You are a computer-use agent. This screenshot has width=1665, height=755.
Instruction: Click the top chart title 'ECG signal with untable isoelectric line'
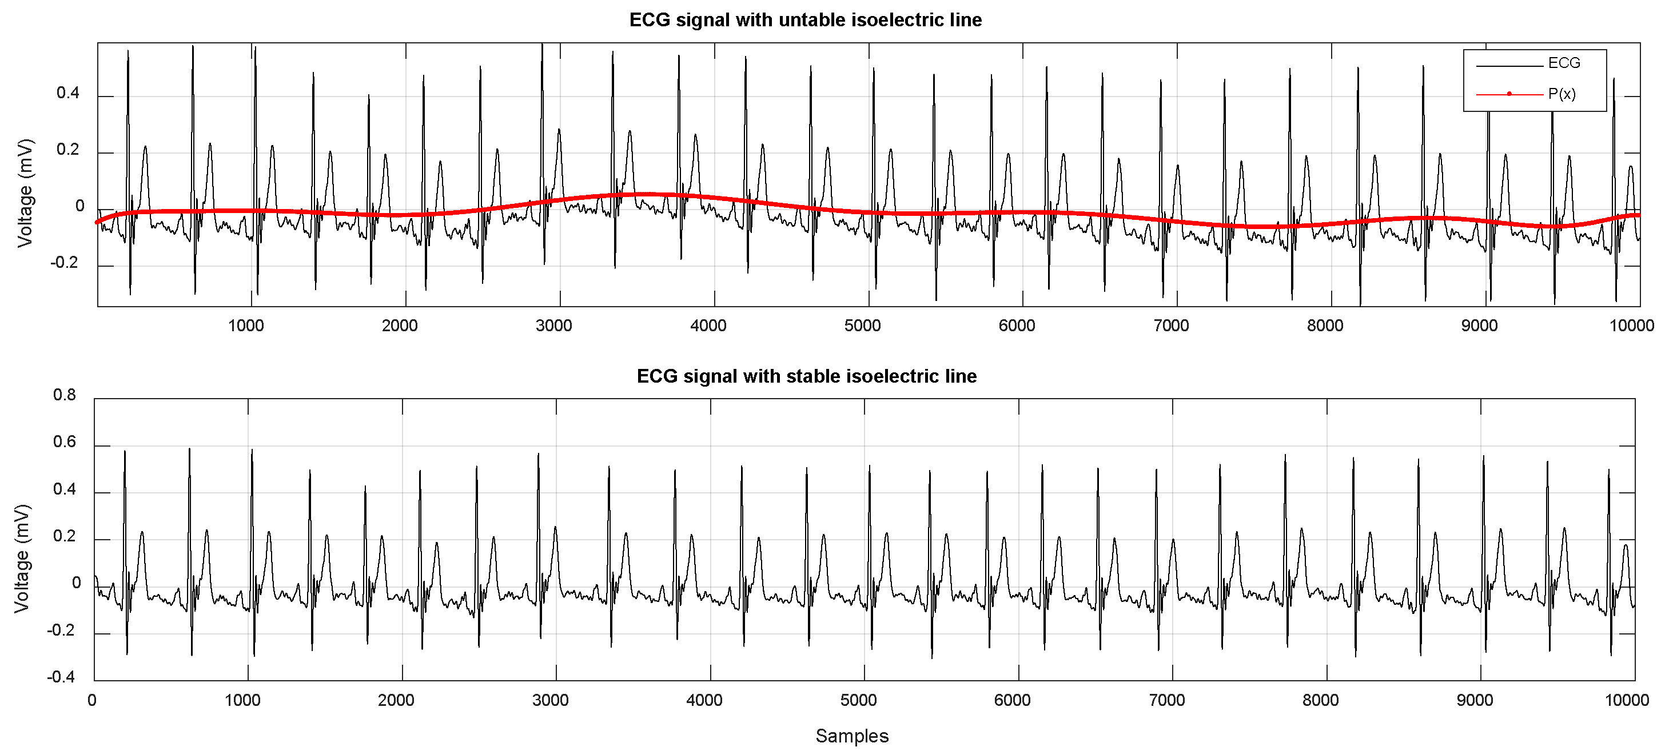[806, 20]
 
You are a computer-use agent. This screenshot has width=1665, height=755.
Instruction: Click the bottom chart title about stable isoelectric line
[806, 376]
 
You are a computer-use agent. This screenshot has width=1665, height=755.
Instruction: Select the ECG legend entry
[1564, 63]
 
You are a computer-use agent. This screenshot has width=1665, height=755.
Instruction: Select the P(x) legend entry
[1562, 94]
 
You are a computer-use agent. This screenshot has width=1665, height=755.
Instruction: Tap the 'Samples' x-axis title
[851, 736]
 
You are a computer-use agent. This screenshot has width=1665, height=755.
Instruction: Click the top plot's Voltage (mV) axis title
[25, 192]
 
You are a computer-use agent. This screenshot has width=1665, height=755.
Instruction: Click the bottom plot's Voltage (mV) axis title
[22, 559]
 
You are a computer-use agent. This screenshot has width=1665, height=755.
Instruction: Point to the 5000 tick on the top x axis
[862, 326]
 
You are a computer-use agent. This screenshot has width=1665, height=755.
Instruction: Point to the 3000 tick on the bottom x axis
[550, 700]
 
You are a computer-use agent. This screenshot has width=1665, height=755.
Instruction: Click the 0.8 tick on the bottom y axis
[64, 395]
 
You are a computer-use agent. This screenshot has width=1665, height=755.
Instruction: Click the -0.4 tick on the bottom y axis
[61, 677]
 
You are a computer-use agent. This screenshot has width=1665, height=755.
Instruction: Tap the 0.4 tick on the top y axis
[68, 93]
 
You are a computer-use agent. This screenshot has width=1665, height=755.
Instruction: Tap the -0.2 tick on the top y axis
[65, 263]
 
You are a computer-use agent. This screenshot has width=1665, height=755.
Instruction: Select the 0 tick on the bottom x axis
[93, 700]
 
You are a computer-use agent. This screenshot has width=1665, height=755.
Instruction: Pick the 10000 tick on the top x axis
[1631, 326]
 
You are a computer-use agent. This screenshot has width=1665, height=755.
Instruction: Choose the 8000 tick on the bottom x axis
[1320, 700]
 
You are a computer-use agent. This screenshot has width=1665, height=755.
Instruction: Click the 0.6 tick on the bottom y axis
[64, 442]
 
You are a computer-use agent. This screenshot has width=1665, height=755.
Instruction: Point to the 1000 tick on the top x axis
[246, 326]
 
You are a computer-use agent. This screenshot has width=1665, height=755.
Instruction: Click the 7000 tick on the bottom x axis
[1166, 700]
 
